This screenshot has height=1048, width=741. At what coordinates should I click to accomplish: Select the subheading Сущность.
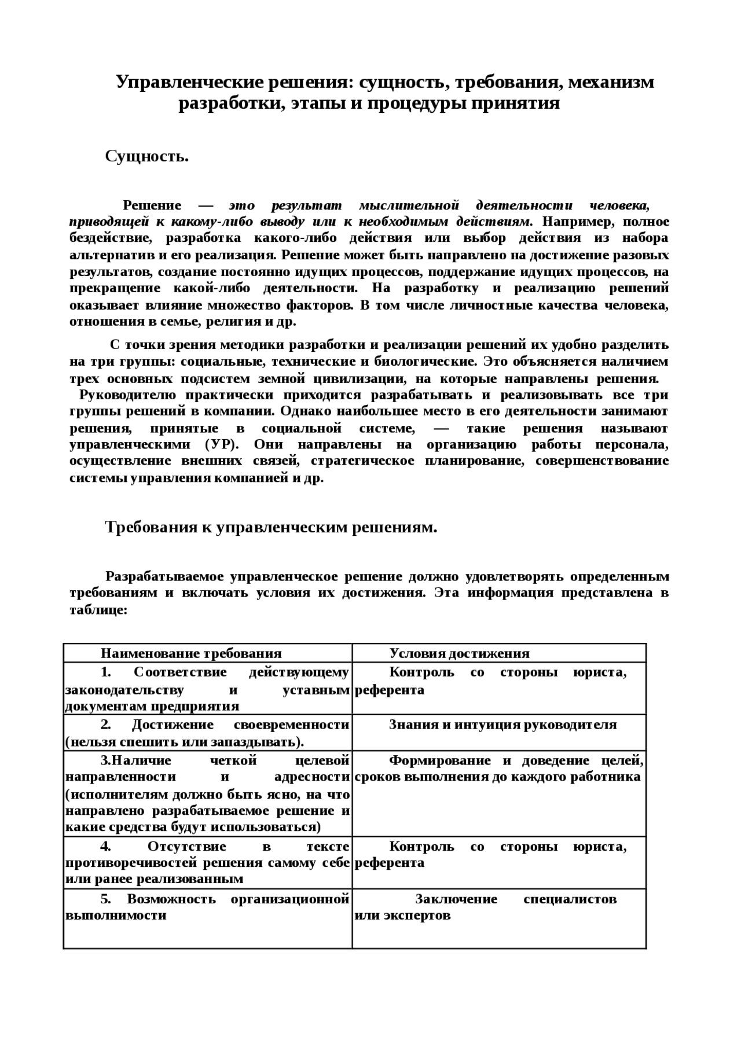coord(146,156)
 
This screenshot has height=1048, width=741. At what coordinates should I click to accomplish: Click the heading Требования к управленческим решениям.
coord(270,527)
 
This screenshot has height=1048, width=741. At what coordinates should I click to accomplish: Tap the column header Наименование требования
coord(191,653)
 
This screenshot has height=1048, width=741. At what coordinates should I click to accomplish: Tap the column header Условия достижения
coord(459,653)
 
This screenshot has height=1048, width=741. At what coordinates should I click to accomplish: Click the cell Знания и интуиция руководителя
coord(502,725)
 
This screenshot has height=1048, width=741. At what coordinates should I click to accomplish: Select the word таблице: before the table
coord(98,610)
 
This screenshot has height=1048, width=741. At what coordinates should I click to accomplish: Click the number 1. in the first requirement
coord(105,672)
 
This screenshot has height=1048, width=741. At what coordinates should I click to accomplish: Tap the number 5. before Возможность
coord(105,899)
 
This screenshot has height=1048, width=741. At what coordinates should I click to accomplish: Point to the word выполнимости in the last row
coord(116,915)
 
